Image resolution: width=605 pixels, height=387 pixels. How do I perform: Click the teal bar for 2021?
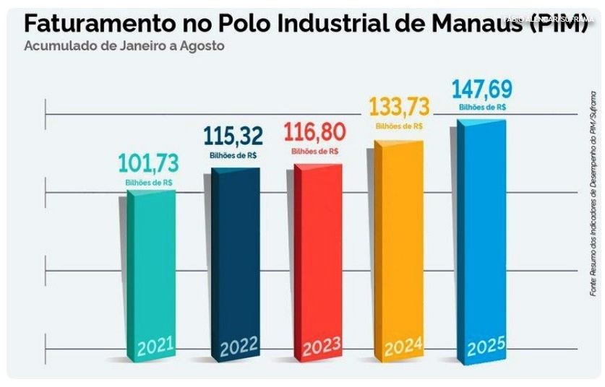click(147, 267)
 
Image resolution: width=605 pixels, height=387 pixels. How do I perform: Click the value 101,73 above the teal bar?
click(148, 164)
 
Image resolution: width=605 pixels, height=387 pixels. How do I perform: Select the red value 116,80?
click(314, 133)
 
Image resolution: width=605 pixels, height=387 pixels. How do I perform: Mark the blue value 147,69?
click(482, 90)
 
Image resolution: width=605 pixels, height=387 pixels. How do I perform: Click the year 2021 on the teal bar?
click(156, 347)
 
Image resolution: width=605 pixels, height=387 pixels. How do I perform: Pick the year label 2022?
click(239, 348)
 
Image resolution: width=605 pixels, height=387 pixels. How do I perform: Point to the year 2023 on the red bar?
click(322, 349)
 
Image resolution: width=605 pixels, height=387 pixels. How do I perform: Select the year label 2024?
click(403, 349)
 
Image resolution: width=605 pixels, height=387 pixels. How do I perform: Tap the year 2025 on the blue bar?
click(486, 349)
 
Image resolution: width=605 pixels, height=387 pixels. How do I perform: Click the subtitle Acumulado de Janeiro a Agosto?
click(124, 46)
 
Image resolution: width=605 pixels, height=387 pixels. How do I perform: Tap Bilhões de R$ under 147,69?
click(482, 108)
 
